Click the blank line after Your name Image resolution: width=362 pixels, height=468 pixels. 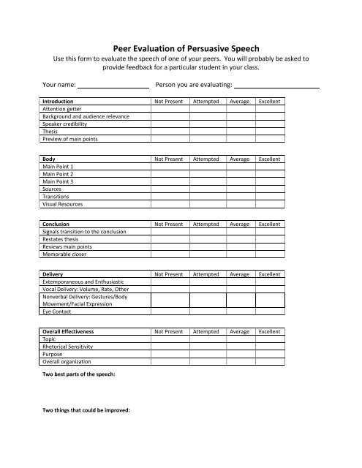point(113,86)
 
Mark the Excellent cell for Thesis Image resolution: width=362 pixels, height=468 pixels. point(269,132)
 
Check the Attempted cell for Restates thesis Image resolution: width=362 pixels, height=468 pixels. point(206,240)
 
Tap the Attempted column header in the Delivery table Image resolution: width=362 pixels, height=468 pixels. point(206,274)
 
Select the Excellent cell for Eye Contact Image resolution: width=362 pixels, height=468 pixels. point(269,311)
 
